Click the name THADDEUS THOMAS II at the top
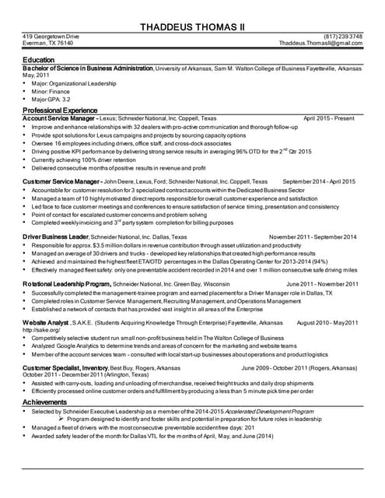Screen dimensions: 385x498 click(192, 27)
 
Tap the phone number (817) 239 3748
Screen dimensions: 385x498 click(343, 37)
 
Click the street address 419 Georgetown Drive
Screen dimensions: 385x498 click(51, 37)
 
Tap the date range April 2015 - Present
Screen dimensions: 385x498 click(329, 119)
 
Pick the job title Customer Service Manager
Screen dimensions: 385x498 click(63, 181)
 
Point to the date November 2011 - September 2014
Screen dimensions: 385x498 click(313, 237)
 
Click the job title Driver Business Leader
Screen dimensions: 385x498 click(55, 237)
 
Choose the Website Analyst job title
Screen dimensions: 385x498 click(46, 322)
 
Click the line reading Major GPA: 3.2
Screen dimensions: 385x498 click(52, 100)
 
